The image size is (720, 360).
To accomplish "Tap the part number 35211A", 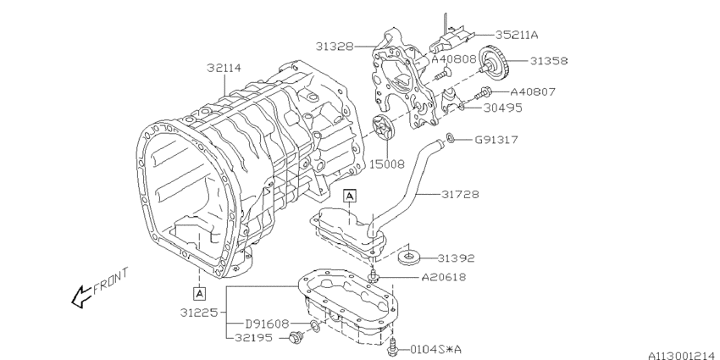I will pyautogui.click(x=517, y=36).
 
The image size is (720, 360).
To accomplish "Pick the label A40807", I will pyautogui.click(x=533, y=91).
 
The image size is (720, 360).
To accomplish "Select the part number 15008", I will pyautogui.click(x=387, y=158).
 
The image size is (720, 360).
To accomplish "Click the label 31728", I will pyautogui.click(x=460, y=194).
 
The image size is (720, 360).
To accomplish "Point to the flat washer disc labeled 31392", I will pyautogui.click(x=409, y=255).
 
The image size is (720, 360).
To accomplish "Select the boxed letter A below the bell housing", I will pyautogui.click(x=200, y=293).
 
